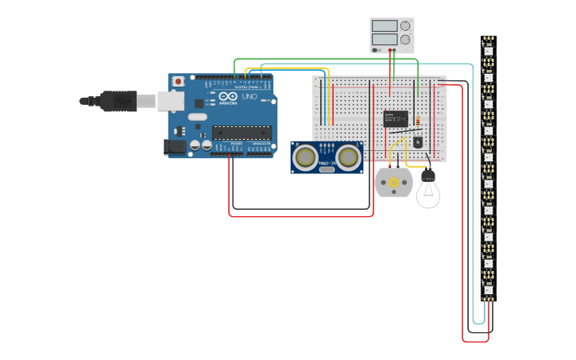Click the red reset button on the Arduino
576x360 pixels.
179,81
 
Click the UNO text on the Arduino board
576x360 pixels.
249,97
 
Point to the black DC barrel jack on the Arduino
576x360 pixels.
175,147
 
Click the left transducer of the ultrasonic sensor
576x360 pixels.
304,158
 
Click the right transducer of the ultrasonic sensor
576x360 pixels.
348,158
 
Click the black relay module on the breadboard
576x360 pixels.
396,118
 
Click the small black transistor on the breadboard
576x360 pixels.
418,141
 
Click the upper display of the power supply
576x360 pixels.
385,25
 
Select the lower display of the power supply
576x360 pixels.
385,38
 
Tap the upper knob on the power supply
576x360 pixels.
405,25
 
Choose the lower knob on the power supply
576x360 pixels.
405,39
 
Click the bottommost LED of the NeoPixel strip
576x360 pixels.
488,289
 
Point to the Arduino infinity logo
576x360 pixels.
229,98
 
